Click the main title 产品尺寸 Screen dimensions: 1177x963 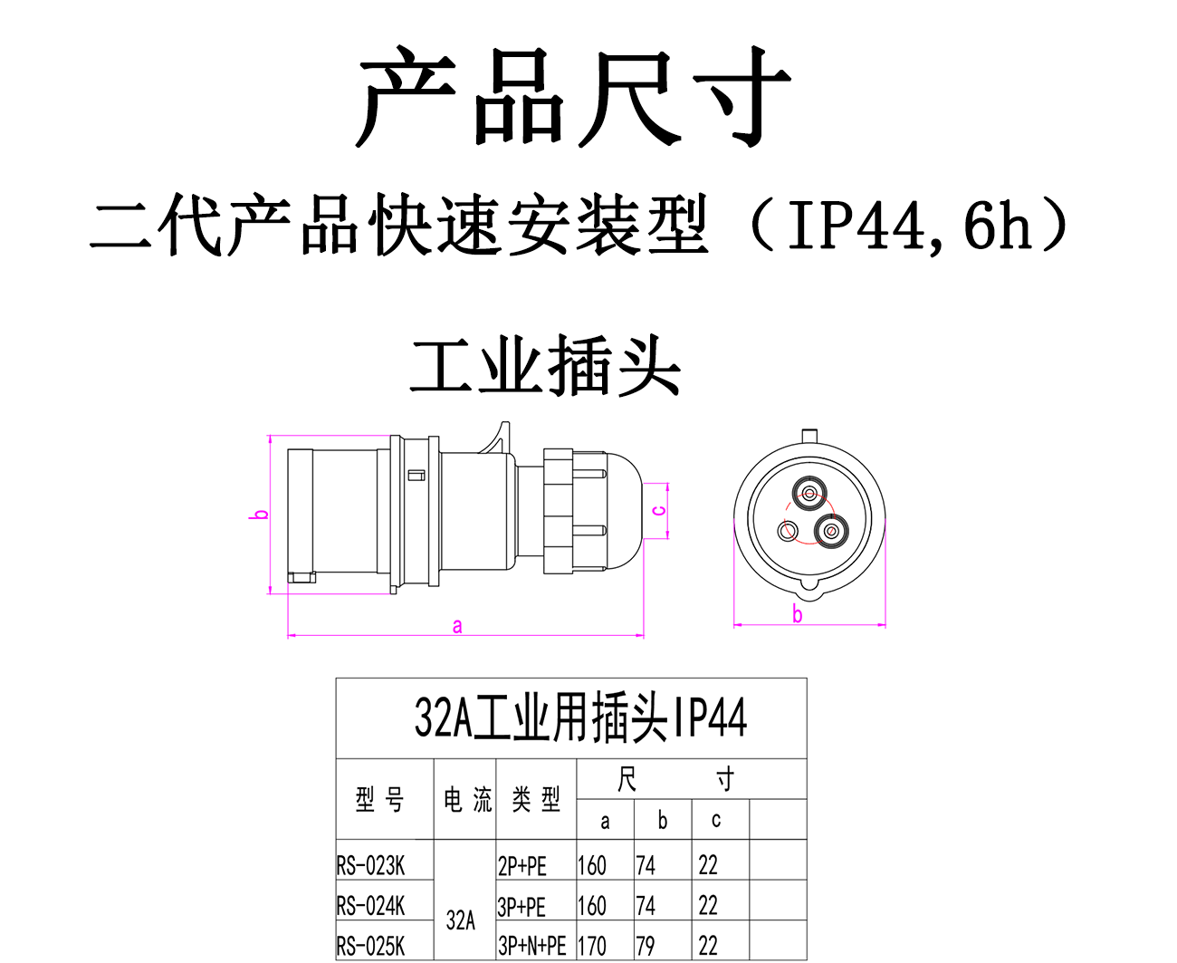coord(573,98)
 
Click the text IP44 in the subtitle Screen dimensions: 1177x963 coord(856,226)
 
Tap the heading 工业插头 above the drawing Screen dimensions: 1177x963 coord(545,367)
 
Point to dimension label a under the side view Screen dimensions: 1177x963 coord(457,626)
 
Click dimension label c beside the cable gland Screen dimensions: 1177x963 coord(660,511)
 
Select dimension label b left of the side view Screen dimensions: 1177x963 coord(261,515)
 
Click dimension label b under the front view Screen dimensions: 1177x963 coord(798,615)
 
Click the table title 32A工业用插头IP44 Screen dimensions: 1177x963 coord(580,718)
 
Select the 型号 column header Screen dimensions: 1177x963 coord(380,799)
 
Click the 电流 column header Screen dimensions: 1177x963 coord(467,799)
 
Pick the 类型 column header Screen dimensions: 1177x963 coord(536,799)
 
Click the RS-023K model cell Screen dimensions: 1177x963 coord(371,866)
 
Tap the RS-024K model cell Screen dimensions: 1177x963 coord(371,906)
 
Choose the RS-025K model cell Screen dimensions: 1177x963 coord(371,946)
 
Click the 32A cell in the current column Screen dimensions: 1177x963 coord(461,920)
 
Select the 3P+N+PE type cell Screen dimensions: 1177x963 coord(532,946)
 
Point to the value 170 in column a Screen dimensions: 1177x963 coord(592,946)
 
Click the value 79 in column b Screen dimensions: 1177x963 coord(646,946)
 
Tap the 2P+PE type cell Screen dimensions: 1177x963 coord(522,866)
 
